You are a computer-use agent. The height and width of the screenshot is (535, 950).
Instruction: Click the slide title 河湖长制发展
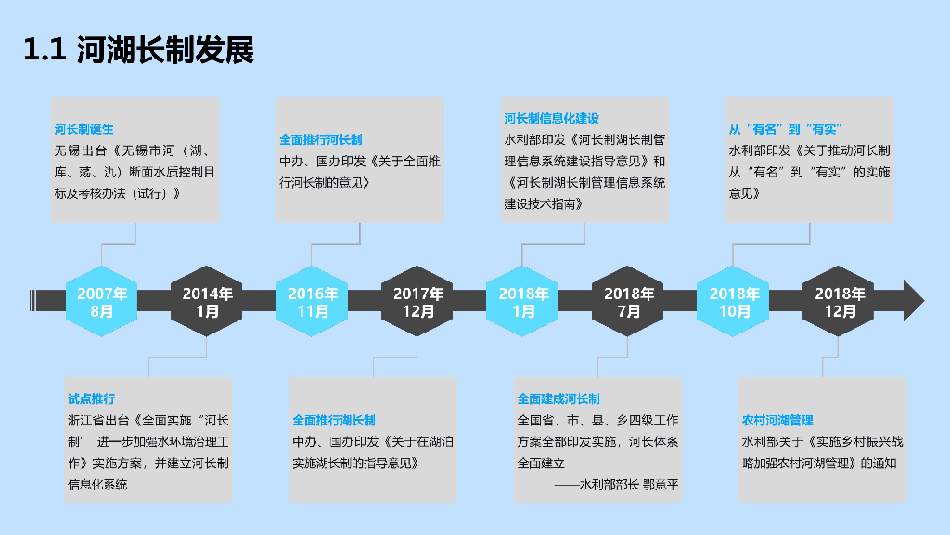166,50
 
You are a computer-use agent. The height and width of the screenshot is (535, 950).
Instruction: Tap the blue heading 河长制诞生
83,129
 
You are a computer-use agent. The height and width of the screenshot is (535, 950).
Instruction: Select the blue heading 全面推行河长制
321,140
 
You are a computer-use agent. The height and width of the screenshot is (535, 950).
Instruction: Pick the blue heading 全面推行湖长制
334,420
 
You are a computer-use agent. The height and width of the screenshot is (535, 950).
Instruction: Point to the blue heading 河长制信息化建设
551,119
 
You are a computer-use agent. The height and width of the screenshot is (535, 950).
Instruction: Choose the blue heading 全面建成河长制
558,398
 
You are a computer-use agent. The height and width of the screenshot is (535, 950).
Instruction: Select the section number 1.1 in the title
44,51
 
